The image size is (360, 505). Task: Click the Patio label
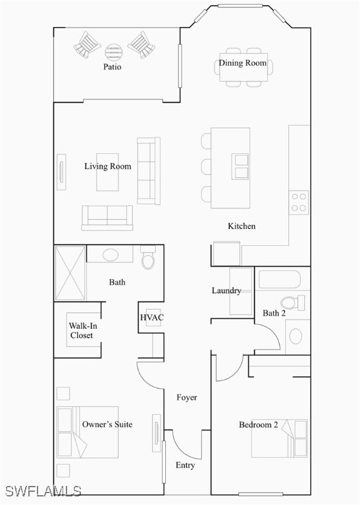click(113, 67)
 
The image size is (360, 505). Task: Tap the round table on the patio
click(113, 50)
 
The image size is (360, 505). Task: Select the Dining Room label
click(243, 63)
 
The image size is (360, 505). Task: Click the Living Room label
click(107, 166)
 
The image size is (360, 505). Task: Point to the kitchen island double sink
click(241, 167)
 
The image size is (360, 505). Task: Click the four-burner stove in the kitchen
click(299, 202)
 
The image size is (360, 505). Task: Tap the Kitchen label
click(242, 226)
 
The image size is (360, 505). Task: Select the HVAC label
click(152, 318)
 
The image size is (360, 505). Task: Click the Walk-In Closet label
click(81, 330)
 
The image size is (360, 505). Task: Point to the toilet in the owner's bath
click(148, 259)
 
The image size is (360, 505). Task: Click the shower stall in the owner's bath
click(70, 273)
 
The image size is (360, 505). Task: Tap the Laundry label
click(226, 291)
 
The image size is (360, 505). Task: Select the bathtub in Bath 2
click(279, 280)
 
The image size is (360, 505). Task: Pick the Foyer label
click(186, 398)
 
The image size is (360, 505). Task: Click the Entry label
click(185, 466)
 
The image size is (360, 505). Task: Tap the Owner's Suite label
click(107, 425)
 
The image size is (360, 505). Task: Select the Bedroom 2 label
click(258, 425)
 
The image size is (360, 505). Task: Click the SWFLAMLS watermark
click(43, 491)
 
